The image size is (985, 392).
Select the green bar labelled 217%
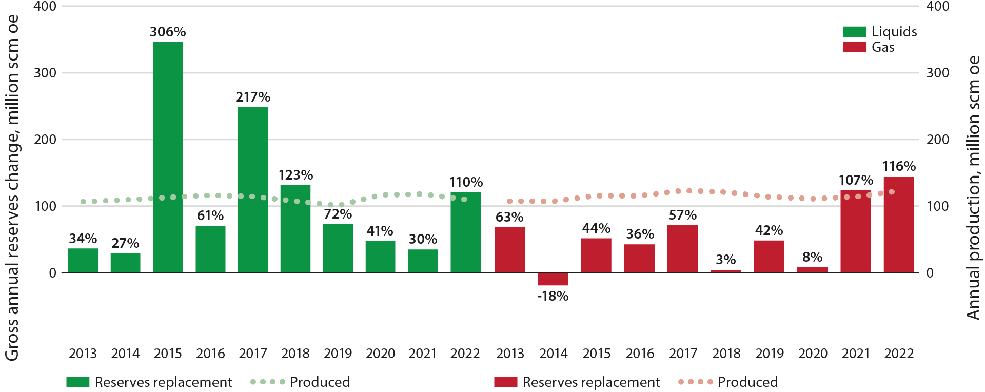click(x=253, y=190)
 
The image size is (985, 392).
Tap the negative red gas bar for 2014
click(x=553, y=279)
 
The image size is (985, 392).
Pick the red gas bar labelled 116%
click(x=898, y=224)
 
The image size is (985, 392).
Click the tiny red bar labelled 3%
click(x=725, y=271)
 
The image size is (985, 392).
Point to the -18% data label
click(x=553, y=296)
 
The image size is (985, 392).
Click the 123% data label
click(x=295, y=175)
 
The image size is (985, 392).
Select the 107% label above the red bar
click(x=855, y=180)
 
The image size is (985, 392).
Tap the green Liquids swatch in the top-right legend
click(x=854, y=32)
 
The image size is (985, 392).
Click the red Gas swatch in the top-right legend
click(x=854, y=47)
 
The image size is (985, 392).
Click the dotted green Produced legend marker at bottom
click(x=267, y=382)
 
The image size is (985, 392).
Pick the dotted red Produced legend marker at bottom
click(x=695, y=382)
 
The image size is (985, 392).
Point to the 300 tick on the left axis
click(x=45, y=73)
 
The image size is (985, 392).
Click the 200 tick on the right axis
click(x=937, y=140)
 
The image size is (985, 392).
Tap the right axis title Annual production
click(x=973, y=187)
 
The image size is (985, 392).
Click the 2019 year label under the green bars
click(x=338, y=354)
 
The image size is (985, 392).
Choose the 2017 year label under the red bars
click(x=683, y=354)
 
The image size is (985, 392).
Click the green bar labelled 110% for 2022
click(x=465, y=232)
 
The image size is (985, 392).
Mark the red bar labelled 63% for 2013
click(x=509, y=249)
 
